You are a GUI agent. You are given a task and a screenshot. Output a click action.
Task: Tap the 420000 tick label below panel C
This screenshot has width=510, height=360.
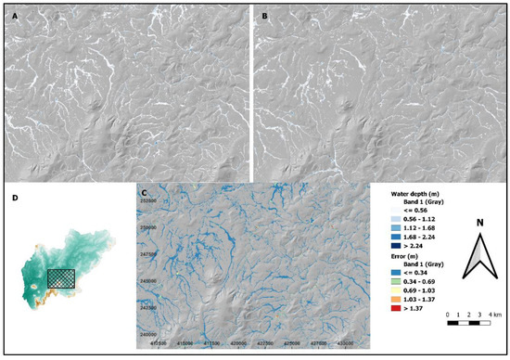239,344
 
